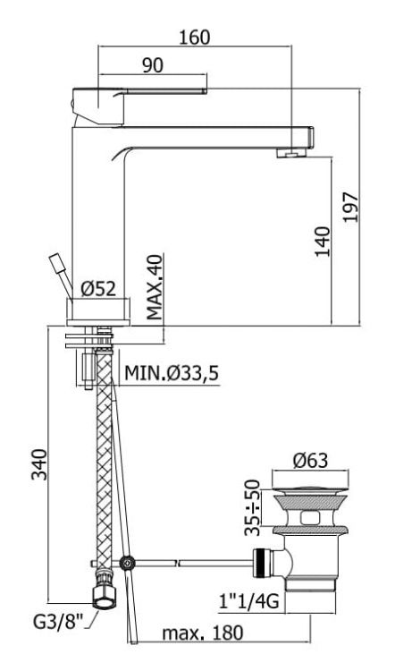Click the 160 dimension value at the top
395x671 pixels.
click(x=195, y=38)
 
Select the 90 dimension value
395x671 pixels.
click(x=153, y=65)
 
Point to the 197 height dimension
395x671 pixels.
click(x=350, y=208)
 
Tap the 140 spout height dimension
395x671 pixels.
click(x=324, y=242)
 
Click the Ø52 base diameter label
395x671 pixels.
click(x=98, y=289)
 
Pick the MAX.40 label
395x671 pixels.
click(x=155, y=286)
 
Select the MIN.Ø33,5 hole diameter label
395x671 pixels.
click(x=172, y=374)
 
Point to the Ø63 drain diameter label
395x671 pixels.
click(x=310, y=461)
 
